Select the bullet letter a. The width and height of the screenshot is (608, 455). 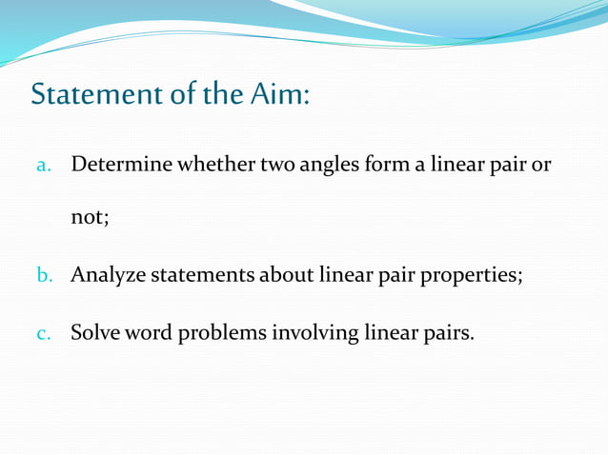43,166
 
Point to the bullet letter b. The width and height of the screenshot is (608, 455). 44,277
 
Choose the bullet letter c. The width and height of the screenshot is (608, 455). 43,334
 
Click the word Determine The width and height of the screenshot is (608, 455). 122,165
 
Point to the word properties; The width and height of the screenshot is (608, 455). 473,277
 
